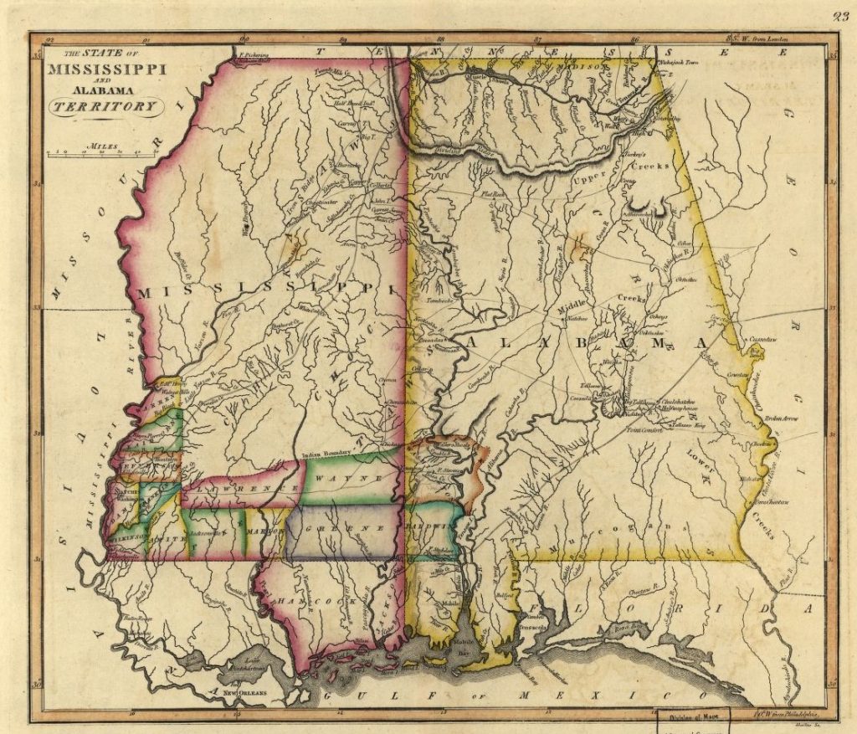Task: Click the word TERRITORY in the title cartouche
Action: [105, 106]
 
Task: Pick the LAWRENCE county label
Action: [243, 487]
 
